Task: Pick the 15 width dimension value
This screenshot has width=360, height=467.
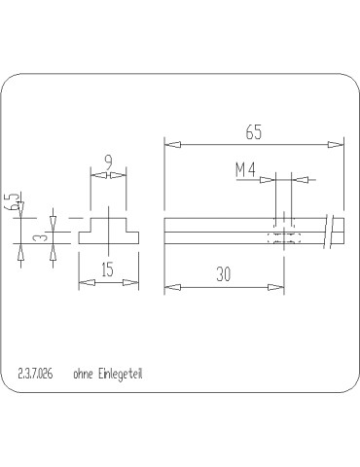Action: pos(107,270)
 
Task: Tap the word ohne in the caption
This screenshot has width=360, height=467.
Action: pos(83,373)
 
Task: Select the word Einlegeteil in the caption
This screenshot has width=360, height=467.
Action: pos(123,373)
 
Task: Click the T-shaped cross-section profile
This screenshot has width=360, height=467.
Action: pos(107,232)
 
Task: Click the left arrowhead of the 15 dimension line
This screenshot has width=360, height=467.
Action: pos(84,282)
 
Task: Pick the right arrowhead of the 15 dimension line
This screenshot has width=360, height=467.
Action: pos(132,282)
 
